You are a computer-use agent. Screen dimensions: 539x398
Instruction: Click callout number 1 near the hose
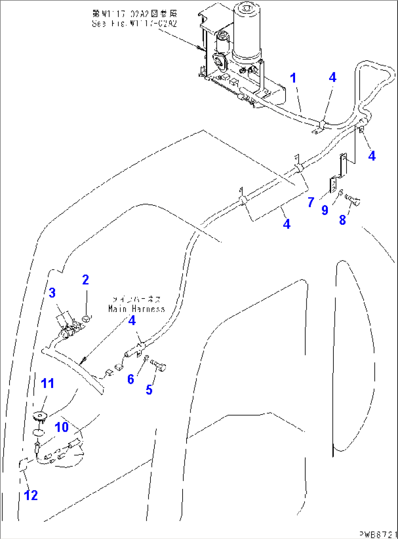point(293,78)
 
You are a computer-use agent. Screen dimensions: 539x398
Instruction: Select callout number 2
point(85,280)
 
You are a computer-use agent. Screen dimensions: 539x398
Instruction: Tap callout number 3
point(52,293)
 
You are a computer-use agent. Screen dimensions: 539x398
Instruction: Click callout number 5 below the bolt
point(149,390)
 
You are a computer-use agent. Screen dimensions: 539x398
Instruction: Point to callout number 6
point(131,379)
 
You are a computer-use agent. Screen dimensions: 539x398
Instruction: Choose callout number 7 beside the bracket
point(311,202)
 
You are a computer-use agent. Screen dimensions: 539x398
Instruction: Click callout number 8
point(342,220)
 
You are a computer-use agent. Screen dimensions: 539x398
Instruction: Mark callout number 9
point(325,210)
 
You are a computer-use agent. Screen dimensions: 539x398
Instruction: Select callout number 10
point(62,427)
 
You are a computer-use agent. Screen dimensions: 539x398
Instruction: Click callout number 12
point(31,495)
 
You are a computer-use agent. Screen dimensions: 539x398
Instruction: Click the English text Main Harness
point(137,309)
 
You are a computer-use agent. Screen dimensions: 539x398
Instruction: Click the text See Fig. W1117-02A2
point(134,24)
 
